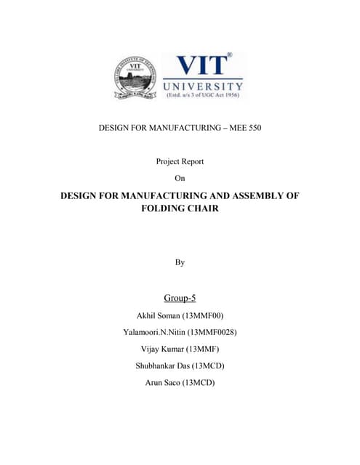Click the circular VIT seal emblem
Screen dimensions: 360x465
point(135,78)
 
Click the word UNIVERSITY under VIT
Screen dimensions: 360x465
point(203,85)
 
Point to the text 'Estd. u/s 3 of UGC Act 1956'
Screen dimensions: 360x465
point(203,94)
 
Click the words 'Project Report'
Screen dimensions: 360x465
point(180,161)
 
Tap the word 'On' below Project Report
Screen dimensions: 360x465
point(180,177)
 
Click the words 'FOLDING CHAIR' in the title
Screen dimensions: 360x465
point(180,209)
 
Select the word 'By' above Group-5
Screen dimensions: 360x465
point(180,262)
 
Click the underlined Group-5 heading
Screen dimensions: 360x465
point(180,297)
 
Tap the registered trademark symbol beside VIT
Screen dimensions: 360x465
point(229,55)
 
